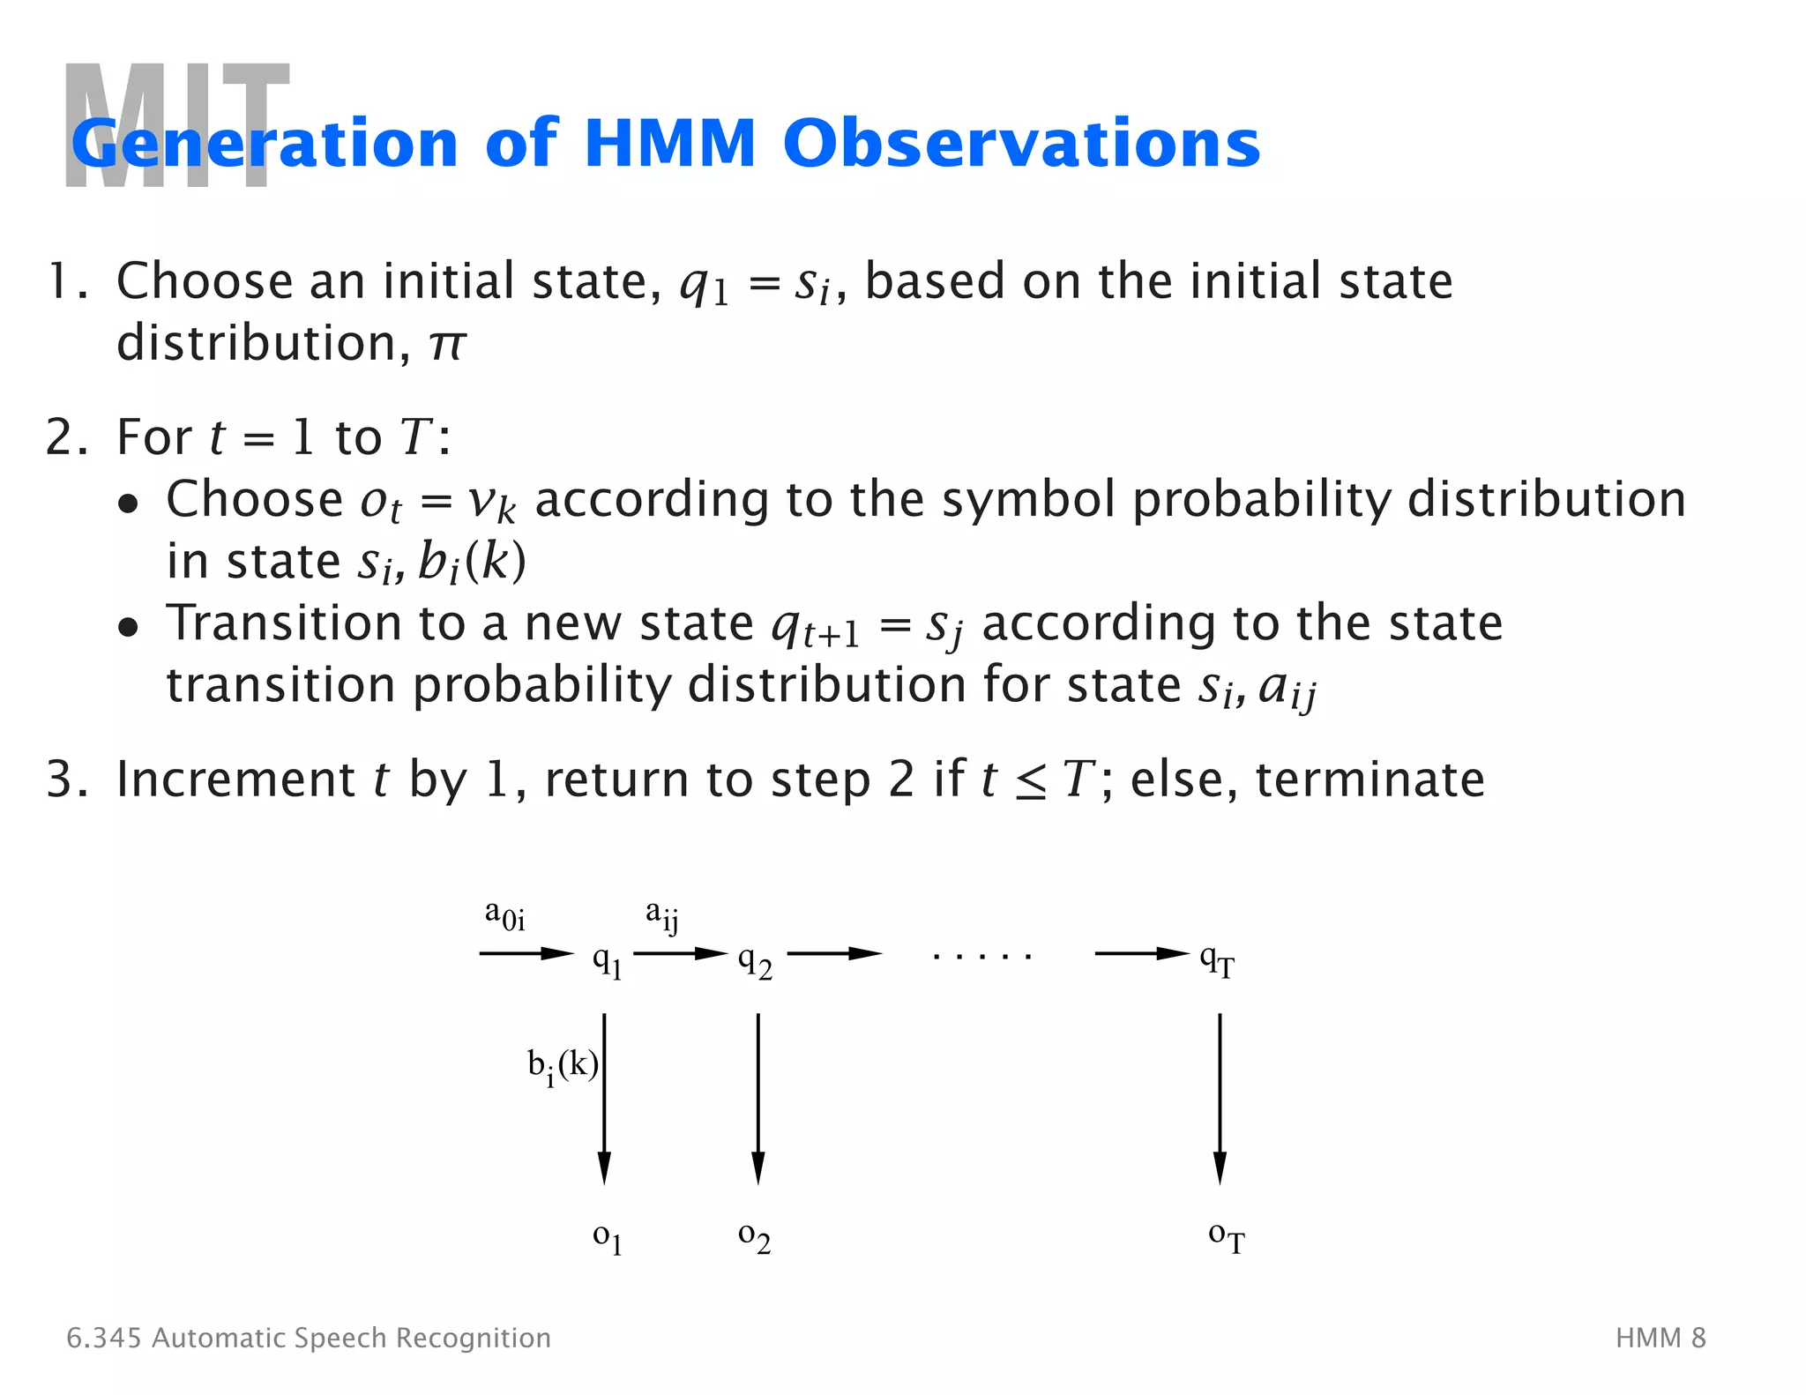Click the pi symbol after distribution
click(446, 344)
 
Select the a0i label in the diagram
click(504, 916)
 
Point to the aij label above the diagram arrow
click(662, 915)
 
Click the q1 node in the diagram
click(608, 960)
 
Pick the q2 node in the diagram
click(755, 960)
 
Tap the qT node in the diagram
click(1217, 960)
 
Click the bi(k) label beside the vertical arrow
click(563, 1067)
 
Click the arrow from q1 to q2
click(680, 953)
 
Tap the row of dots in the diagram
click(981, 955)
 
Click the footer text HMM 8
click(1660, 1338)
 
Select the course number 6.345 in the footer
click(103, 1338)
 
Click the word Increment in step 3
click(235, 780)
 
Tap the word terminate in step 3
click(1369, 780)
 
